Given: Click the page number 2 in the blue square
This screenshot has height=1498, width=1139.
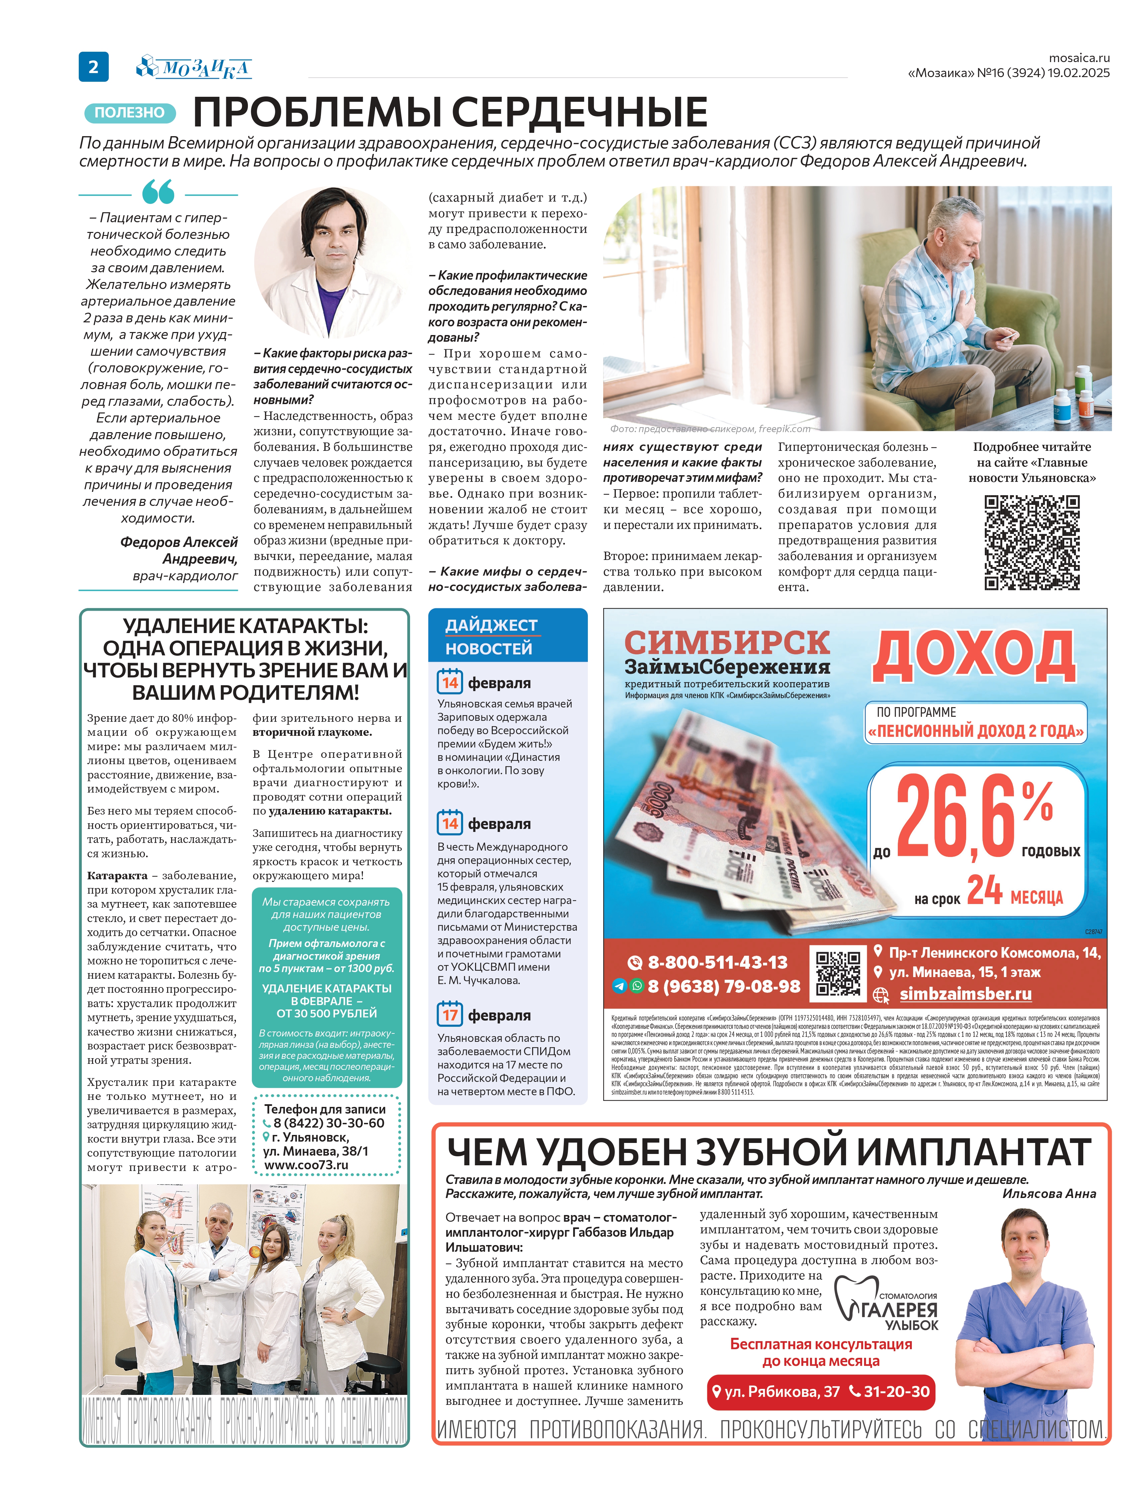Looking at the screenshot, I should pyautogui.click(x=93, y=66).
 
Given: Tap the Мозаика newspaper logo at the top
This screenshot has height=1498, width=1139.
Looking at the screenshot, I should pyautogui.click(x=195, y=67).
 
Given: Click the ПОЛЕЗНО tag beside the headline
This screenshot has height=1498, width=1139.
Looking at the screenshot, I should pyautogui.click(x=129, y=112).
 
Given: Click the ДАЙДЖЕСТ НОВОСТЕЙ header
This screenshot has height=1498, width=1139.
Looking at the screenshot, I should pyautogui.click(x=491, y=636).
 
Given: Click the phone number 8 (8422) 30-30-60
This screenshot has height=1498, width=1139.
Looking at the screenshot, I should pyautogui.click(x=328, y=1123).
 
